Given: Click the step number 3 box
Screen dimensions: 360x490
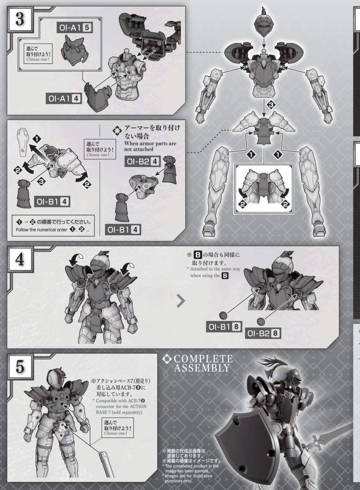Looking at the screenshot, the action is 20,19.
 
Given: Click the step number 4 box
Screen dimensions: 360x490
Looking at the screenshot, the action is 20,259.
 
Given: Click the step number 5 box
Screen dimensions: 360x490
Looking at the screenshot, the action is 20,367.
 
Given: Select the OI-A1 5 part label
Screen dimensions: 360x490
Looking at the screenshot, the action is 75,28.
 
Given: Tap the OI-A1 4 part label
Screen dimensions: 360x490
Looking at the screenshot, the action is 64,98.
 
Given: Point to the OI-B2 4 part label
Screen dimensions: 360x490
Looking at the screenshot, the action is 142,161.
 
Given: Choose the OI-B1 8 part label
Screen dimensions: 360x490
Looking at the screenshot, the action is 224,327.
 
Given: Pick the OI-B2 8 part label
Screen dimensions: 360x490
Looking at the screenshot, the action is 263,333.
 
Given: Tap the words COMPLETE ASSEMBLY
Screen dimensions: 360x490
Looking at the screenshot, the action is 203,363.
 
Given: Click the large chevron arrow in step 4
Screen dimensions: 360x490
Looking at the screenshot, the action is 181,301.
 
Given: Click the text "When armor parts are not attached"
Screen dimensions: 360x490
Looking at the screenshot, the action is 150,146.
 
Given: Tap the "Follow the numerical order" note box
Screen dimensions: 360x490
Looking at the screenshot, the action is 53,226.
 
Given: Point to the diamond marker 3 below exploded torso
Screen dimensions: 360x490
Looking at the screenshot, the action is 271,105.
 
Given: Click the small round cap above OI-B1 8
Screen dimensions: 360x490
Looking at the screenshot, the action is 223,315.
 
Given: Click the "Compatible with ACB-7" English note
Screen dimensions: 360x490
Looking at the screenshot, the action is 120,407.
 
